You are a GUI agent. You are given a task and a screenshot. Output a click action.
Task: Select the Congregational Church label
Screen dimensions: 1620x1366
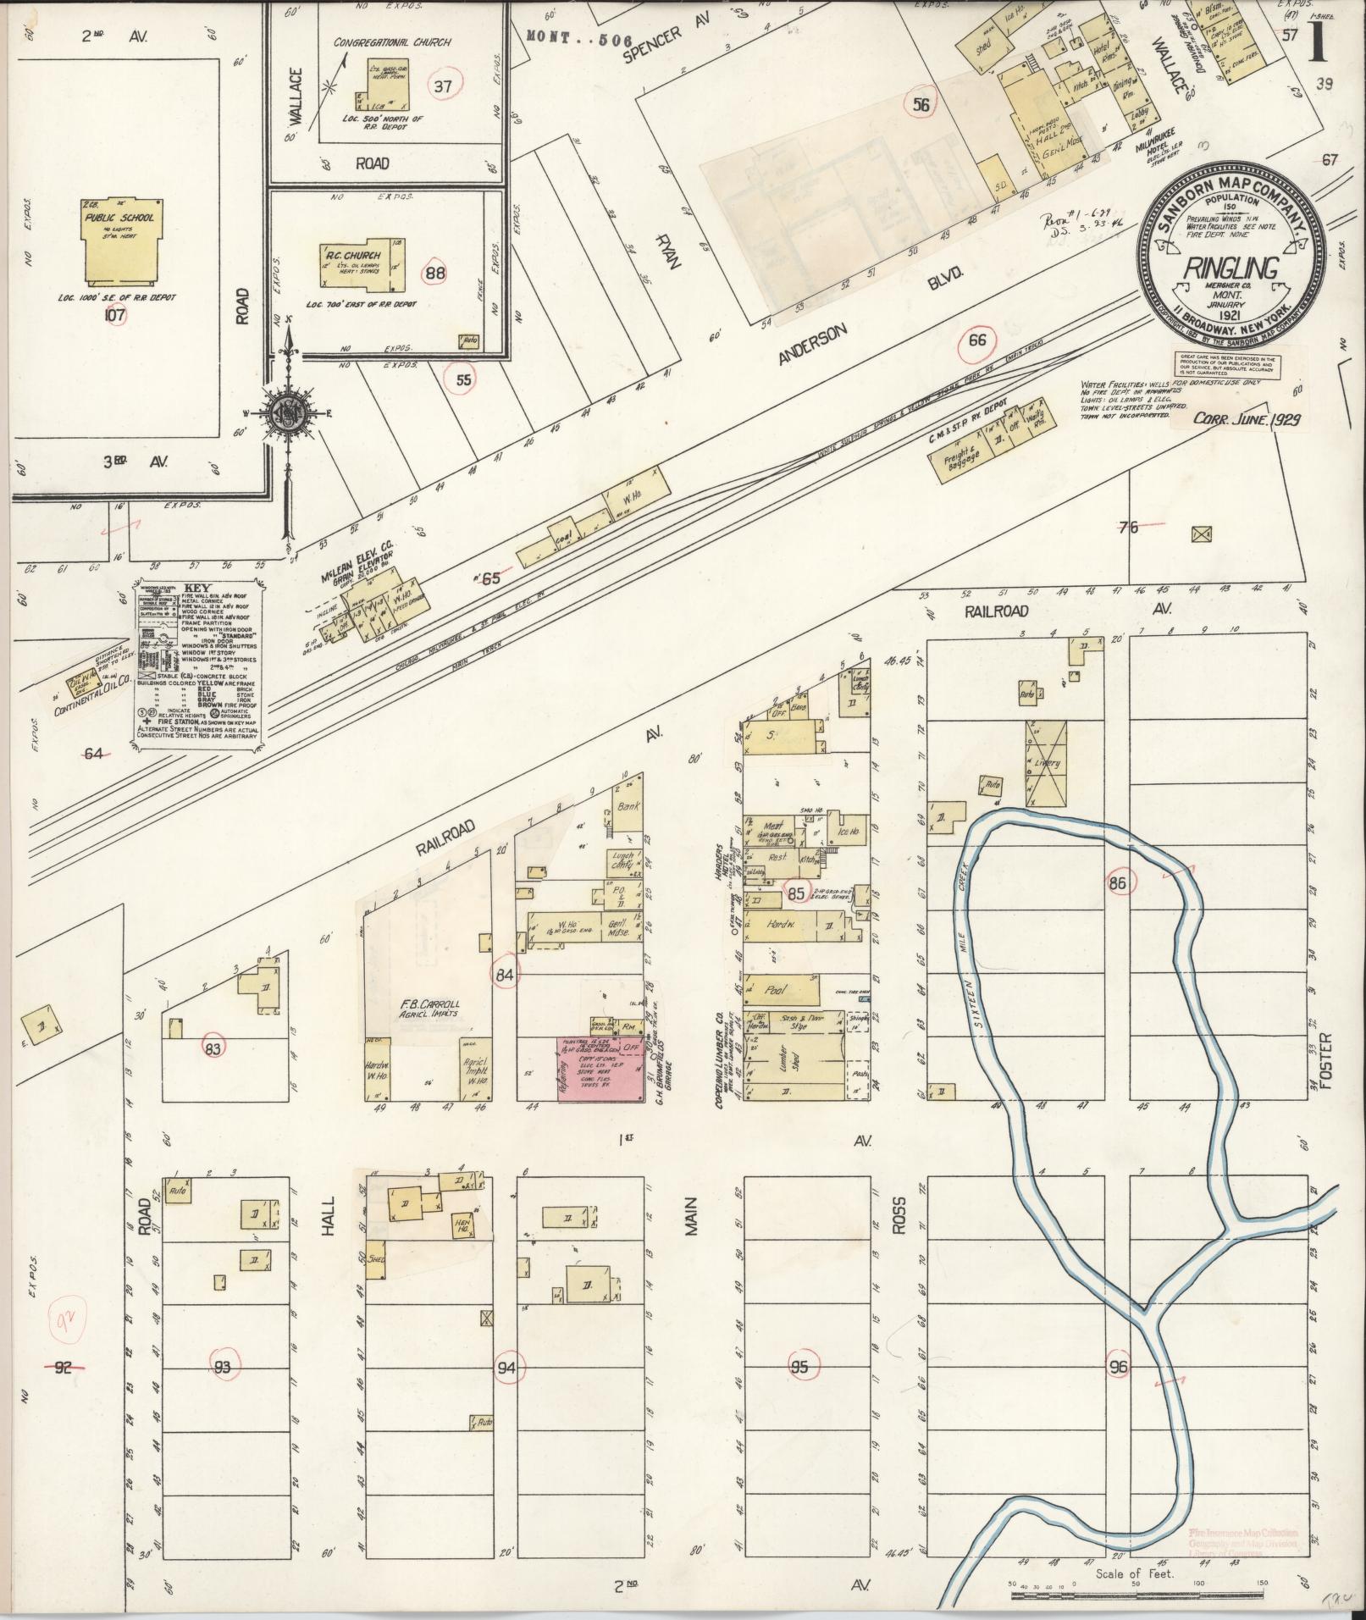click(392, 42)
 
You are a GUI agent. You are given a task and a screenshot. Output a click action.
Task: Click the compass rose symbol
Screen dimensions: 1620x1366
click(290, 412)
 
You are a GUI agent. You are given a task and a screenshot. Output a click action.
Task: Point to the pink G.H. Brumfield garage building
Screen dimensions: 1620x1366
click(598, 1068)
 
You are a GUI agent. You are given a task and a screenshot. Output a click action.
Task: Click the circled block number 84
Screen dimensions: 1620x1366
click(506, 975)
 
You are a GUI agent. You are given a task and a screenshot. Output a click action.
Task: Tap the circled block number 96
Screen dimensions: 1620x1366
click(1118, 1367)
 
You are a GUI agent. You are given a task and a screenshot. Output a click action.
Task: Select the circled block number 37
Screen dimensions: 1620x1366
click(441, 86)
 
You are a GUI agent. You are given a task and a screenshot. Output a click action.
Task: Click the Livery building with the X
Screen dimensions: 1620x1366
click(1047, 763)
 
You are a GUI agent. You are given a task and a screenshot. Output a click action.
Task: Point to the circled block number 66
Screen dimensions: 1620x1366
click(977, 340)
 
